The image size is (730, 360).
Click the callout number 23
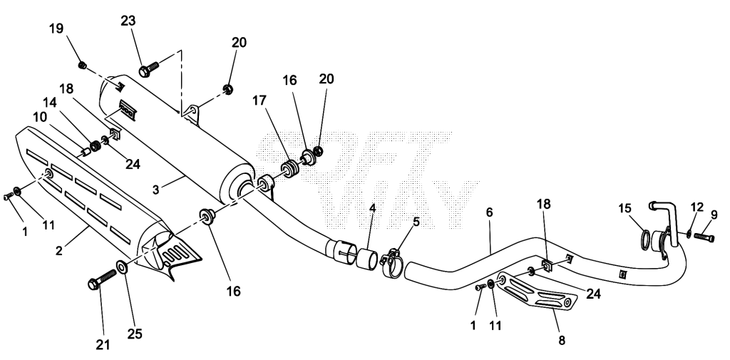[128, 21]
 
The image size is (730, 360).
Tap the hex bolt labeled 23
[149, 69]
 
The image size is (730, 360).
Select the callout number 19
[56, 29]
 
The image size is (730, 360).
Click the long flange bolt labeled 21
[102, 279]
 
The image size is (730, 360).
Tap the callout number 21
[103, 344]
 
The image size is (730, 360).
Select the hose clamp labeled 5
[391, 264]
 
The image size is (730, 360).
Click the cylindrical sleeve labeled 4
[367, 259]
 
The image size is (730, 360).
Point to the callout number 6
[489, 212]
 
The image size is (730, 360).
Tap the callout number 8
[562, 341]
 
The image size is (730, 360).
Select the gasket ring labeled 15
[646, 240]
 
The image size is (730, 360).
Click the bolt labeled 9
[704, 237]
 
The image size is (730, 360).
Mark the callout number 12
[697, 207]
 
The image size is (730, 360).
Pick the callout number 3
[156, 190]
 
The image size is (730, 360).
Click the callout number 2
[58, 250]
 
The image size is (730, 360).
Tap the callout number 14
[51, 102]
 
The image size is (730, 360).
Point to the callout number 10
[40, 118]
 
